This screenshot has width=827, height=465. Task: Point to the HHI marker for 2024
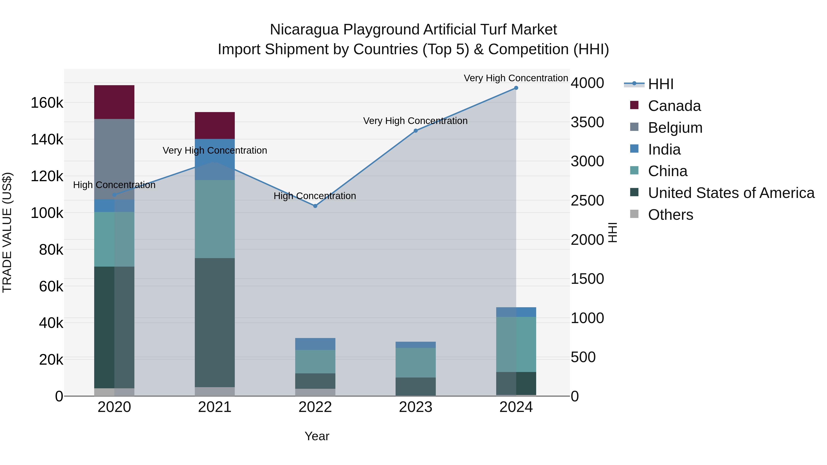coord(516,88)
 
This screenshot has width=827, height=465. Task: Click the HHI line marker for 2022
coord(315,206)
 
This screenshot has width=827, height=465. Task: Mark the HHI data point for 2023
coord(415,131)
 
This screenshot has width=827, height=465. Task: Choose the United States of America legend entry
coord(731,193)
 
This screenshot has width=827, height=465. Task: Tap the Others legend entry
coord(670,215)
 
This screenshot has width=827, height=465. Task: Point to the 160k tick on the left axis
coord(47,103)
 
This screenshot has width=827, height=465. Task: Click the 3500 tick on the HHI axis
coord(587,122)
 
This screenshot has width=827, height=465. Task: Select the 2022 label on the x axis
coord(315,407)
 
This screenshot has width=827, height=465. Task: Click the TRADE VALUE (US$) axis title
coord(7,232)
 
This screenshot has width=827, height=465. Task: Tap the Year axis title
coord(317,436)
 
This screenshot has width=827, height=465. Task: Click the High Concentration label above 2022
coord(315,196)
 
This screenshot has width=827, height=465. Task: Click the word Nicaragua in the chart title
coord(304,30)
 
